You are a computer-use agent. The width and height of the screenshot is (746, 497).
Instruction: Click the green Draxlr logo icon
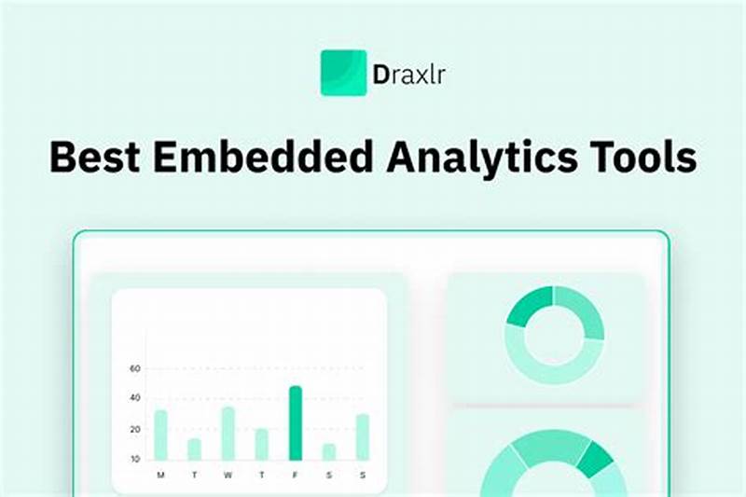343,73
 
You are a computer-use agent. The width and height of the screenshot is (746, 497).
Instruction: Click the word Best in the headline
95,158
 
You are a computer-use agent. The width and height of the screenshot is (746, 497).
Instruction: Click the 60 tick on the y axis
134,369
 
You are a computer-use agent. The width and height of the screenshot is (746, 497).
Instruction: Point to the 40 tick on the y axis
134,398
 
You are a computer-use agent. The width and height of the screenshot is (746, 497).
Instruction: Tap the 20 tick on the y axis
134,429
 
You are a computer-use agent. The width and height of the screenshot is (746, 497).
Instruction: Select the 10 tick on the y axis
134,459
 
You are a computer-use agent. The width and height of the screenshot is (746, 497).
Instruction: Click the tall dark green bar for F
295,422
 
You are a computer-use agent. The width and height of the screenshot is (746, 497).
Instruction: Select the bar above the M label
160,435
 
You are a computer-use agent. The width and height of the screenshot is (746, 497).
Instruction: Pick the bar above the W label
228,433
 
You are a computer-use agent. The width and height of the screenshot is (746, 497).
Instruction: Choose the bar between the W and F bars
261,444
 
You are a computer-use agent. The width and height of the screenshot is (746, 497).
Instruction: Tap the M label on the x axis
160,476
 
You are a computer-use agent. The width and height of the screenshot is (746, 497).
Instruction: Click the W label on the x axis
228,476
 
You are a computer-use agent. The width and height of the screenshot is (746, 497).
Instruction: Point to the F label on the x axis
295,476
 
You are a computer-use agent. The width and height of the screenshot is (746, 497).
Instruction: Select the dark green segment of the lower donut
595,456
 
